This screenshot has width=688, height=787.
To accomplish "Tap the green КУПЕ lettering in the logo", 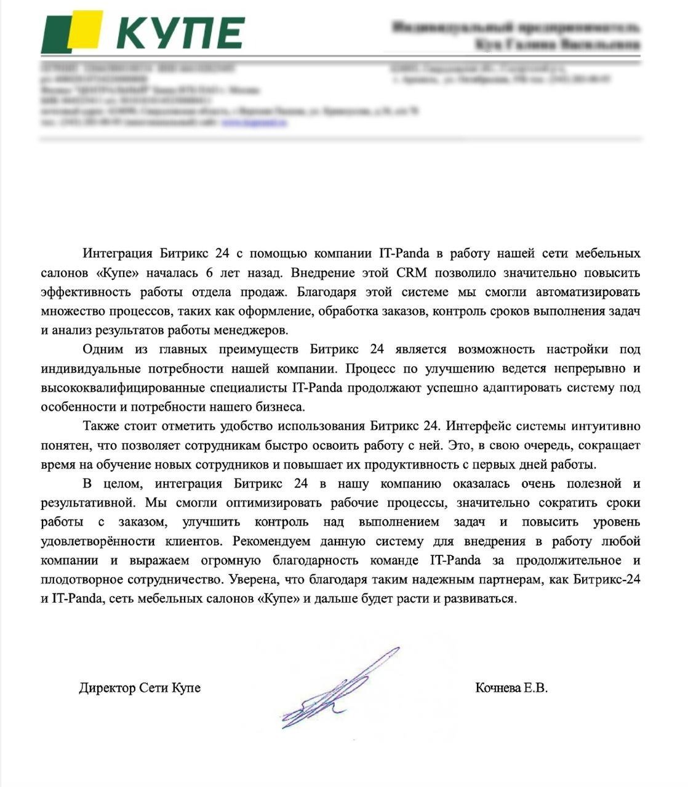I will (180, 33).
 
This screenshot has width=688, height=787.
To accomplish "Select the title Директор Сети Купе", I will (140, 687).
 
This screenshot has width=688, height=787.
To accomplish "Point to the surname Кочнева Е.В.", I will (511, 687).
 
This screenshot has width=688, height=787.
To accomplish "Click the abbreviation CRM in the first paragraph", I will (412, 272).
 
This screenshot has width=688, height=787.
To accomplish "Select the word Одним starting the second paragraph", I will (102, 349).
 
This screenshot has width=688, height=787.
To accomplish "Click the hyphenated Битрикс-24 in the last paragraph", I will (606, 580).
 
